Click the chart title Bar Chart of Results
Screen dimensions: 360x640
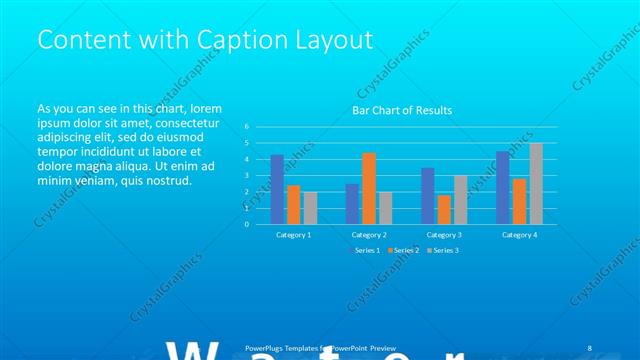401,110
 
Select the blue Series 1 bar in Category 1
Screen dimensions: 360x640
277,189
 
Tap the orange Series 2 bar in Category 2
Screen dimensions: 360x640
369,188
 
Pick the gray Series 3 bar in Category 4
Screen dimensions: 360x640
536,183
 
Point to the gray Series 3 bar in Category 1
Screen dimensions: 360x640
310,207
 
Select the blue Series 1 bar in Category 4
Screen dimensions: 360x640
503,187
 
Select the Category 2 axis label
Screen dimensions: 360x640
369,234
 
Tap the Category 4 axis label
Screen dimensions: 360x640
519,234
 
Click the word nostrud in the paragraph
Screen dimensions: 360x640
163,180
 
